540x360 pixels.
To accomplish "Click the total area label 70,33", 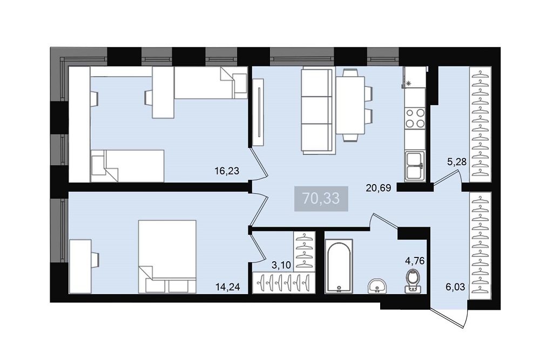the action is [x=321, y=199].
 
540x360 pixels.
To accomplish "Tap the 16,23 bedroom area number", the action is [x=227, y=171].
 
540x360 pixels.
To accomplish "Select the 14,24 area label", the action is [x=227, y=287].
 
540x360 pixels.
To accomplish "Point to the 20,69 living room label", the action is [x=379, y=188].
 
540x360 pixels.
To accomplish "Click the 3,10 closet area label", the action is [x=281, y=265].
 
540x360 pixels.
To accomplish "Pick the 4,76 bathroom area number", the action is [x=415, y=261].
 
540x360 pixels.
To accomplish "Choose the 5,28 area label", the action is [x=457, y=161].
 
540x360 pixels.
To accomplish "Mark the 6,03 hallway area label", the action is [x=455, y=287].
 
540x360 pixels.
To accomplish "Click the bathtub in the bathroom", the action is [x=339, y=266].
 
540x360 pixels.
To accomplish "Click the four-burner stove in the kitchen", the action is [x=415, y=118].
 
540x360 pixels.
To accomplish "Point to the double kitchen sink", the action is [x=415, y=166].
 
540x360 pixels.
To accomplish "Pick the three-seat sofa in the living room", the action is [x=318, y=111].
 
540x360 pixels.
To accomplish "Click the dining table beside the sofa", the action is [x=350, y=105].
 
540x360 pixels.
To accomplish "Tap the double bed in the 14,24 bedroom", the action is [x=167, y=257].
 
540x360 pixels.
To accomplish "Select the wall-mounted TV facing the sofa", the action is [x=258, y=112].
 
